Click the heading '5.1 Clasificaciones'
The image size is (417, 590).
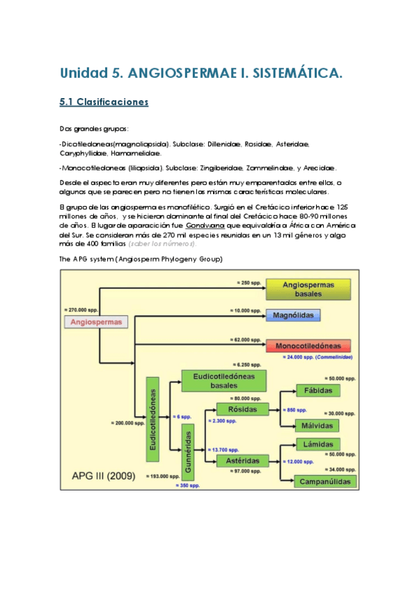(x=104, y=102)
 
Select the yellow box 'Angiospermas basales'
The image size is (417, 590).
(x=308, y=289)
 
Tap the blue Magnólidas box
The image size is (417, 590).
(x=293, y=315)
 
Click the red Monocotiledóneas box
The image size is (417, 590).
(x=308, y=346)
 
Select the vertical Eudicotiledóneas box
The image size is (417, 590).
(x=152, y=418)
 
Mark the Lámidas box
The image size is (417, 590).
(x=317, y=445)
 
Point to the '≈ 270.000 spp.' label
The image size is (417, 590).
(x=81, y=308)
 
